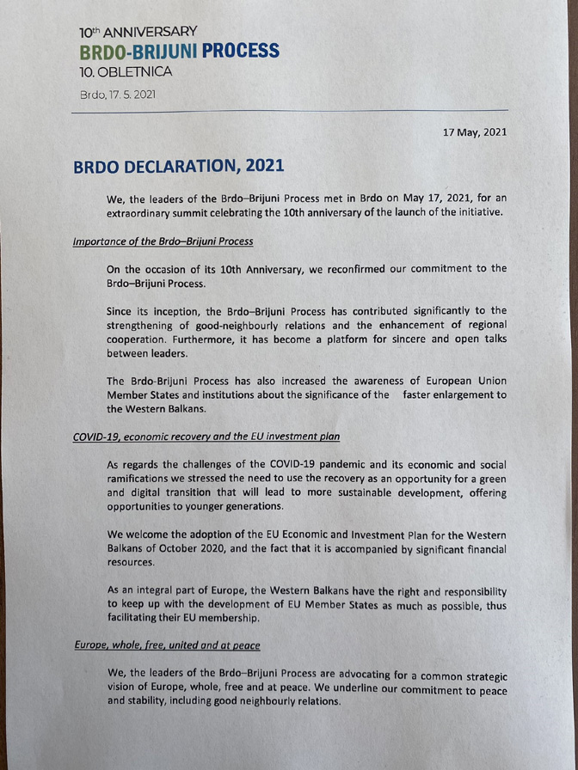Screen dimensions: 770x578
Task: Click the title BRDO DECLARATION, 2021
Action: click(x=178, y=165)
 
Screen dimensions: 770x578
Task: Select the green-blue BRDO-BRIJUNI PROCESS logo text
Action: click(x=178, y=51)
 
